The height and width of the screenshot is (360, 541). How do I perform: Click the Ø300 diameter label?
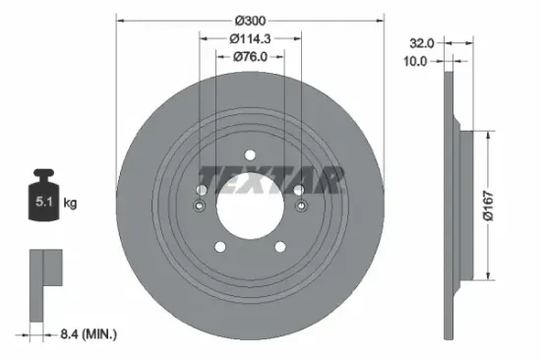(250, 18)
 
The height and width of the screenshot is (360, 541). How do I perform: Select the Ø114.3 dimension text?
(250, 37)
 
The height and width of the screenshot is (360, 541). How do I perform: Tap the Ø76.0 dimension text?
(250, 56)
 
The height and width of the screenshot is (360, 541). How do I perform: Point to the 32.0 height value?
(421, 43)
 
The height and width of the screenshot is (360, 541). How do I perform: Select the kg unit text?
(70, 204)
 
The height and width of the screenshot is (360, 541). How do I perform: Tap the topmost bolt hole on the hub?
(250, 154)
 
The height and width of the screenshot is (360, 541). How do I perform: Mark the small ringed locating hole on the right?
(301, 207)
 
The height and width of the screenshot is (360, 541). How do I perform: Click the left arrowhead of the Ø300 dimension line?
(121, 18)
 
